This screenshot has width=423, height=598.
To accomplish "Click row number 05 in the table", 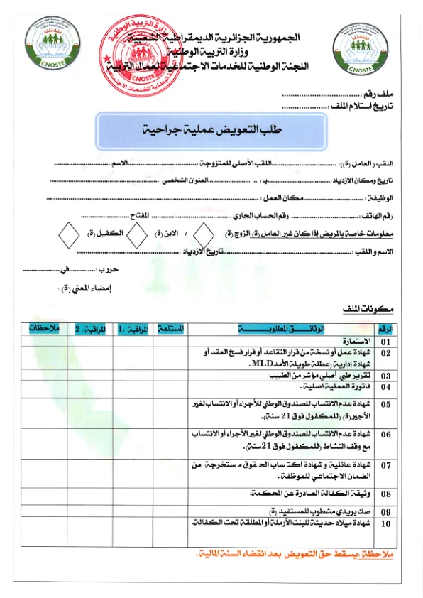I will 385,404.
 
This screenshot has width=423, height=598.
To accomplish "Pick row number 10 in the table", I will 385,523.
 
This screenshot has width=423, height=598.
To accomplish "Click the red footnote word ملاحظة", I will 381,553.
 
